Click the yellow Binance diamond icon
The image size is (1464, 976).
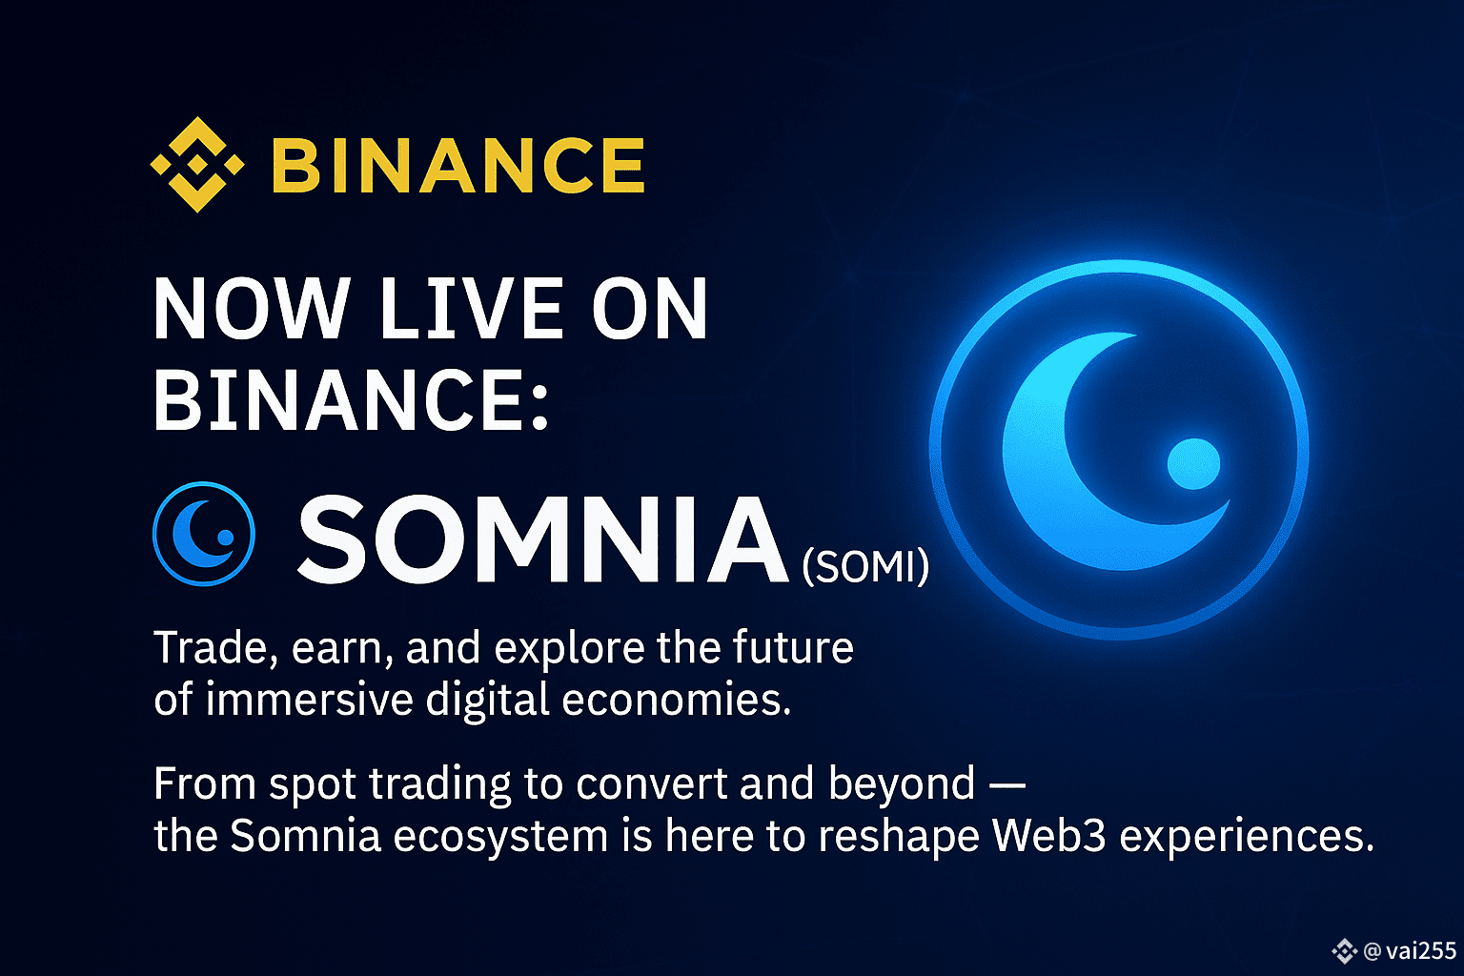tap(197, 165)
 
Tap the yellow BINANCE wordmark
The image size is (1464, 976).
tap(458, 166)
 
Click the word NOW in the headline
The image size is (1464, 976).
tap(251, 308)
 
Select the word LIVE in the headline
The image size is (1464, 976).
tap(471, 308)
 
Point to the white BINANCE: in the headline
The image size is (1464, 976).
tap(351, 399)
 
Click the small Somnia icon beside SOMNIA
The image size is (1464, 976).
tap(204, 534)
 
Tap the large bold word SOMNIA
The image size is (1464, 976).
tap(542, 539)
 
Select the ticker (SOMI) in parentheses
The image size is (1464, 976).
tap(865, 566)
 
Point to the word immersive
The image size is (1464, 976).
tap(309, 699)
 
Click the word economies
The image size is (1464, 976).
tap(677, 700)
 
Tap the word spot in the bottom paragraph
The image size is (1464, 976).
tap(313, 785)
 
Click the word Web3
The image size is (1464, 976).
tap(1048, 836)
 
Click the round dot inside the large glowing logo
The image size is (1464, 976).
tap(1193, 463)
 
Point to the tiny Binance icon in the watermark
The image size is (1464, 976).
tap(1345, 951)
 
